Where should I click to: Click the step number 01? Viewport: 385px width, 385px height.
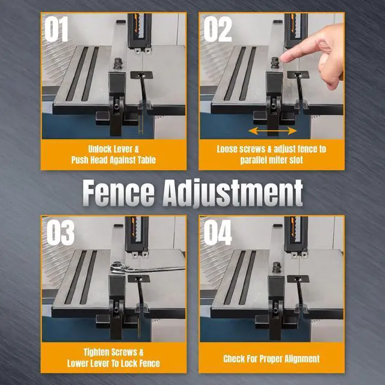[56, 29]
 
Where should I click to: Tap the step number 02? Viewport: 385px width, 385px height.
[218, 29]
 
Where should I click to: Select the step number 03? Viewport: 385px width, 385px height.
[60, 233]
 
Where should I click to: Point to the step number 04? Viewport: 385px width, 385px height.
[218, 233]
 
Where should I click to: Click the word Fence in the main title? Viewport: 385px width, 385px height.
[119, 192]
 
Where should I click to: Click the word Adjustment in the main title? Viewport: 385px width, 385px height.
[233, 193]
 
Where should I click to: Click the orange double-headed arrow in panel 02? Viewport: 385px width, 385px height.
[273, 131]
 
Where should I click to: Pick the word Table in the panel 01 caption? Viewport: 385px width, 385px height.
[147, 160]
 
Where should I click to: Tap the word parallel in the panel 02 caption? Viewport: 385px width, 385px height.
[253, 160]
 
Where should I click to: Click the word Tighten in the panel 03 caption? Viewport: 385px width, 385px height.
[99, 352]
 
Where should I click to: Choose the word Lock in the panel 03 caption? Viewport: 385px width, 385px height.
[133, 363]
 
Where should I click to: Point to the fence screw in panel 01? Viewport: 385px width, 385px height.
[118, 63]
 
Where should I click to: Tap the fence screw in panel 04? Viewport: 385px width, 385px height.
[277, 267]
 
